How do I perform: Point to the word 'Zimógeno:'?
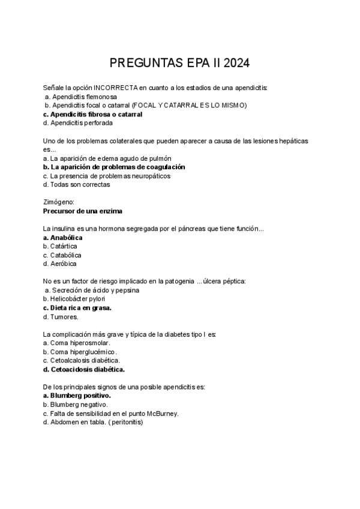[x=58, y=202]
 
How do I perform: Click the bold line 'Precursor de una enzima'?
[x=83, y=211]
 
